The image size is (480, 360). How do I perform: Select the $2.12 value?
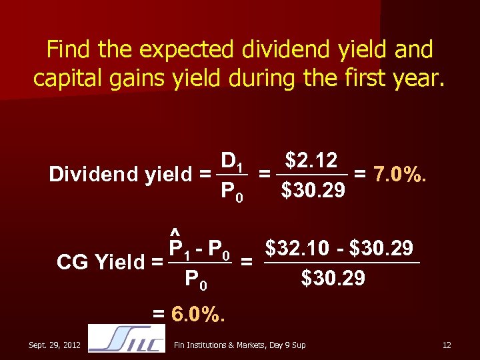[x=311, y=161]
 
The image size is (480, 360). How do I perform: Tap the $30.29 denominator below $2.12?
[x=313, y=191]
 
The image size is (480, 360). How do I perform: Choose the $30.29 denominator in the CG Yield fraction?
[x=333, y=277]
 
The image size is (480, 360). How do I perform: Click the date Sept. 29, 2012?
[x=55, y=345]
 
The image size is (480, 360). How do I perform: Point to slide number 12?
[x=447, y=345]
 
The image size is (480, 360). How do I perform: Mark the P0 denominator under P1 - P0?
[x=197, y=280]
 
